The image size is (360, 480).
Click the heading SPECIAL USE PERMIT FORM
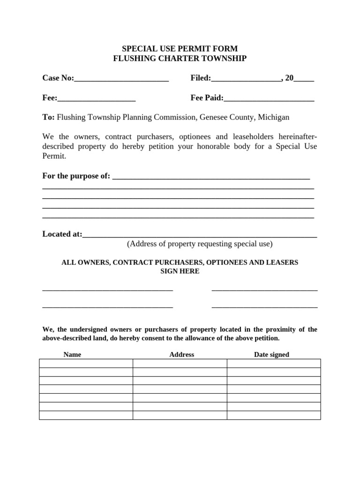(x=180, y=49)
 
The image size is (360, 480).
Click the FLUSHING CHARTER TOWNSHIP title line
(x=180, y=59)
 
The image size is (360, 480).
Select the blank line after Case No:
(x=121, y=79)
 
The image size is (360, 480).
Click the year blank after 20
(x=304, y=79)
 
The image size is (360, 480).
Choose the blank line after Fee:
(x=97, y=98)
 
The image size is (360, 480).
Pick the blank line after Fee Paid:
(x=269, y=98)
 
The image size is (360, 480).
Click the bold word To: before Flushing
(x=49, y=117)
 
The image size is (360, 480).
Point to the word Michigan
(x=273, y=117)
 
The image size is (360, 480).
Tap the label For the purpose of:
(x=76, y=176)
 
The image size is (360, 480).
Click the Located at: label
(x=62, y=234)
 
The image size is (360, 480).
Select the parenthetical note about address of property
(x=200, y=244)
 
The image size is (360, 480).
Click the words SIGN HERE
(x=180, y=271)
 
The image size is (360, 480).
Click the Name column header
(x=72, y=354)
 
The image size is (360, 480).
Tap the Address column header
(x=181, y=354)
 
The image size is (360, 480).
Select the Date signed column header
(x=271, y=354)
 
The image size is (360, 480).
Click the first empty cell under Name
(x=86, y=363)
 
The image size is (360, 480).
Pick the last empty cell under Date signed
(x=274, y=415)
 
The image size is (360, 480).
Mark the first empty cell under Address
(x=180, y=363)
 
